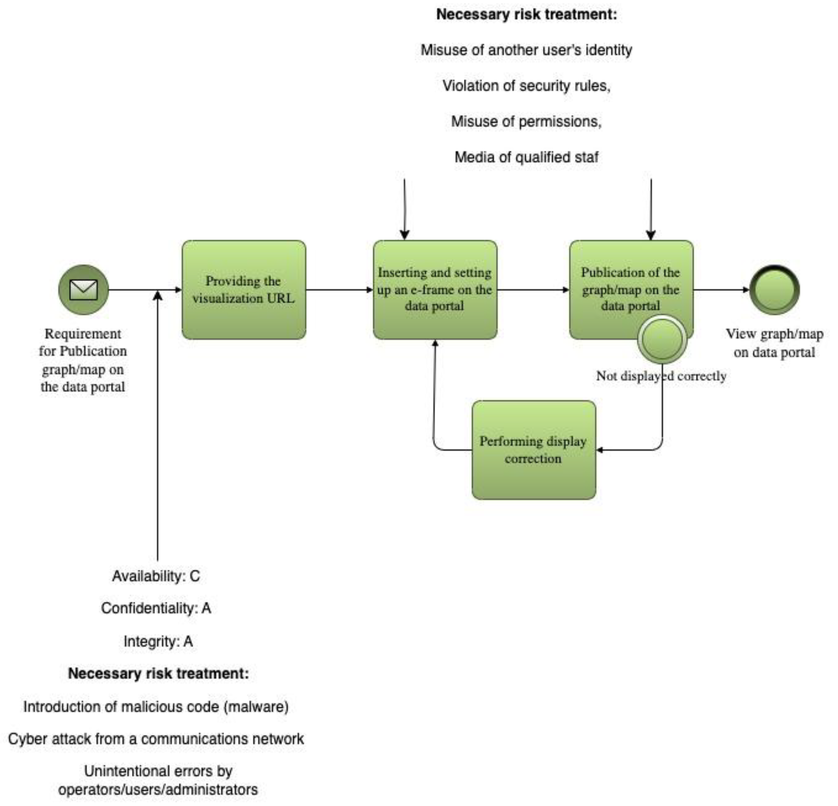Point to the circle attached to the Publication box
click(662, 339)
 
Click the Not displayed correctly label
click(661, 376)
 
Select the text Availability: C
click(156, 576)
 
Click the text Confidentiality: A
click(156, 608)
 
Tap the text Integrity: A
click(158, 641)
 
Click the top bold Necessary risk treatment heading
click(526, 14)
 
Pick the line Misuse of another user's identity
click(526, 50)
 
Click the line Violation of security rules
click(526, 86)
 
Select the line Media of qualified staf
click(526, 157)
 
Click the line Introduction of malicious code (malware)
click(156, 707)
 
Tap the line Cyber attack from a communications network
click(156, 739)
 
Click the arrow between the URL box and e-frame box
click(339, 290)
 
